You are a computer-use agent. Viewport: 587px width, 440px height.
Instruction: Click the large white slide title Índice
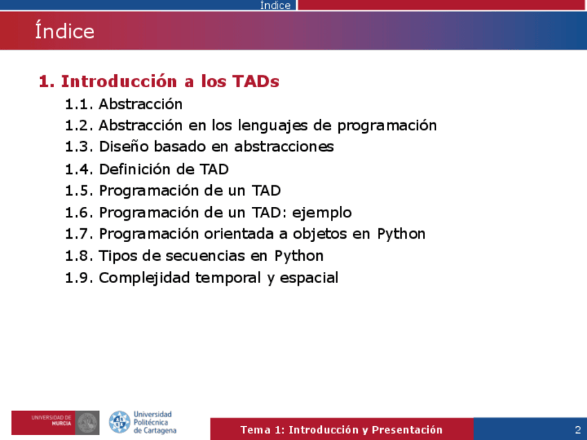[65, 30]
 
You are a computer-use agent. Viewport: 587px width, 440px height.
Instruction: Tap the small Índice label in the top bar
[276, 6]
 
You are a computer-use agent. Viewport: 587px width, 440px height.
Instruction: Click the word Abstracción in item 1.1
[141, 104]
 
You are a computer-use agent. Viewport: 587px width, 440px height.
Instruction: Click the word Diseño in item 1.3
[123, 146]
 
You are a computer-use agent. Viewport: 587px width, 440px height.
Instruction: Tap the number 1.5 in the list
[79, 191]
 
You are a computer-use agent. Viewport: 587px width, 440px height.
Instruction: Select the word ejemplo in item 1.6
[322, 213]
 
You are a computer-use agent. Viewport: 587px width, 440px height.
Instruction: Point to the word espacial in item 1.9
[309, 278]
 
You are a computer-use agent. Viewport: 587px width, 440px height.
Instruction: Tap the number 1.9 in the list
[79, 278]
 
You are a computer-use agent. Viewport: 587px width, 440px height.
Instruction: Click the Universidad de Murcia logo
[55, 423]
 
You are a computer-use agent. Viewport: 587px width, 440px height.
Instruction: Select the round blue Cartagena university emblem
[120, 422]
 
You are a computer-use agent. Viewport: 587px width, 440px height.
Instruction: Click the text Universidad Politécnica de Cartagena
[154, 423]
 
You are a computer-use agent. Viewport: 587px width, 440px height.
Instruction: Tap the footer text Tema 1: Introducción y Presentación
[341, 430]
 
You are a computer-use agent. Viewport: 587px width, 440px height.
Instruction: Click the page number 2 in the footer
[578, 430]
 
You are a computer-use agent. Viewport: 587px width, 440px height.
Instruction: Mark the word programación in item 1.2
[387, 126]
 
